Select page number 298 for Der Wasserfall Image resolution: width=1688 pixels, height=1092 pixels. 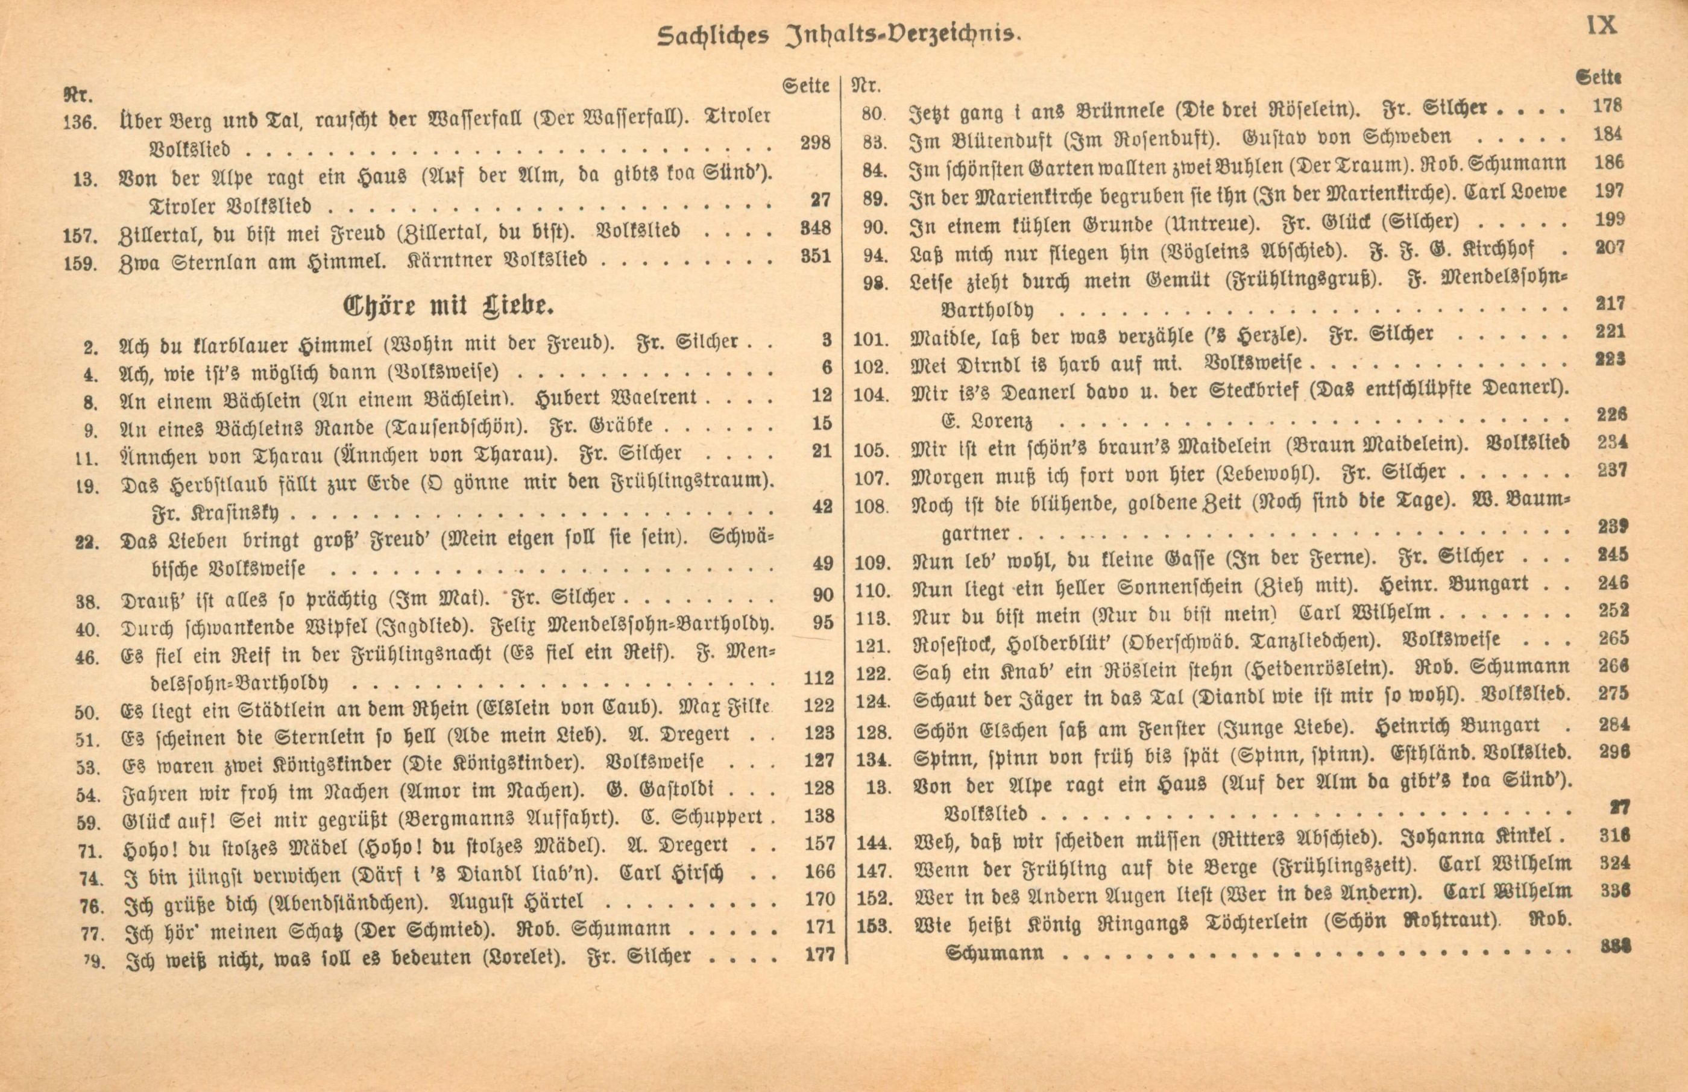click(815, 143)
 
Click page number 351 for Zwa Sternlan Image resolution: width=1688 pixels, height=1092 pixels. click(816, 256)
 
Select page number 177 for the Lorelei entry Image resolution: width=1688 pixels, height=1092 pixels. click(820, 955)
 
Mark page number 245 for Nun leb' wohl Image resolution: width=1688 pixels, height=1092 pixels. click(1613, 554)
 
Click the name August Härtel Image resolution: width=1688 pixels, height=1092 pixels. click(517, 901)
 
